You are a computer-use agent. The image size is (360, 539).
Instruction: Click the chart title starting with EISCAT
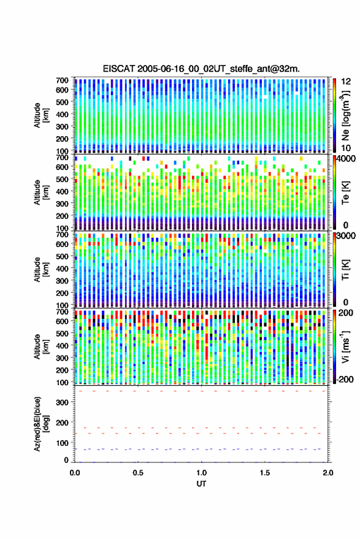[x=201, y=69]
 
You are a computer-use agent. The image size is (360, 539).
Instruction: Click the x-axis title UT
[x=201, y=484]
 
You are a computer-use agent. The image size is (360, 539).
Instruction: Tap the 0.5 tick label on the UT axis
[x=138, y=473]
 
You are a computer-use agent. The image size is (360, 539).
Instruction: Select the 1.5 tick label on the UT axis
[x=265, y=473]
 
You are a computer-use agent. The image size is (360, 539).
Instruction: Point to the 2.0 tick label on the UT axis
[x=327, y=473]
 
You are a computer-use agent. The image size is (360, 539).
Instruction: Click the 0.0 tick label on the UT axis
[x=75, y=473]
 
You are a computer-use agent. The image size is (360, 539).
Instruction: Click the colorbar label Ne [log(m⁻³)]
[x=345, y=115]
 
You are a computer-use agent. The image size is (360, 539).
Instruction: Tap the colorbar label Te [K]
[x=345, y=193]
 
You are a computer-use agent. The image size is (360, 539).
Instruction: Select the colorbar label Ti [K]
[x=345, y=270]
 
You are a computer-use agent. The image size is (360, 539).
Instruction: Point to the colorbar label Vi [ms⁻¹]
[x=345, y=346]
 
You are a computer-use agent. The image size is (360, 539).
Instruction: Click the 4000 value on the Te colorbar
[x=346, y=159]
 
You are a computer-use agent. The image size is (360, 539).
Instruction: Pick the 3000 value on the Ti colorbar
[x=346, y=236]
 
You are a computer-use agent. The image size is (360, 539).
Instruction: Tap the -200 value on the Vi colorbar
[x=345, y=379]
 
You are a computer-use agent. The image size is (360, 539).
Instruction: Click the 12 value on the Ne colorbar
[x=346, y=82]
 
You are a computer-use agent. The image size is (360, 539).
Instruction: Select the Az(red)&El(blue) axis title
[x=41, y=424]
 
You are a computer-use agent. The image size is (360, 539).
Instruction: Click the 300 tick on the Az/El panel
[x=62, y=402]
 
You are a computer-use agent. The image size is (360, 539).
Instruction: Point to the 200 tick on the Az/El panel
[x=62, y=422]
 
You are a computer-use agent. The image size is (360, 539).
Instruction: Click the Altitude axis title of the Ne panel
[x=41, y=115]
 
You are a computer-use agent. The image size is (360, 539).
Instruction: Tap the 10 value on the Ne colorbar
[x=346, y=148]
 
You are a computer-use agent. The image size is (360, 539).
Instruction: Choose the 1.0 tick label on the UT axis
[x=202, y=473]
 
